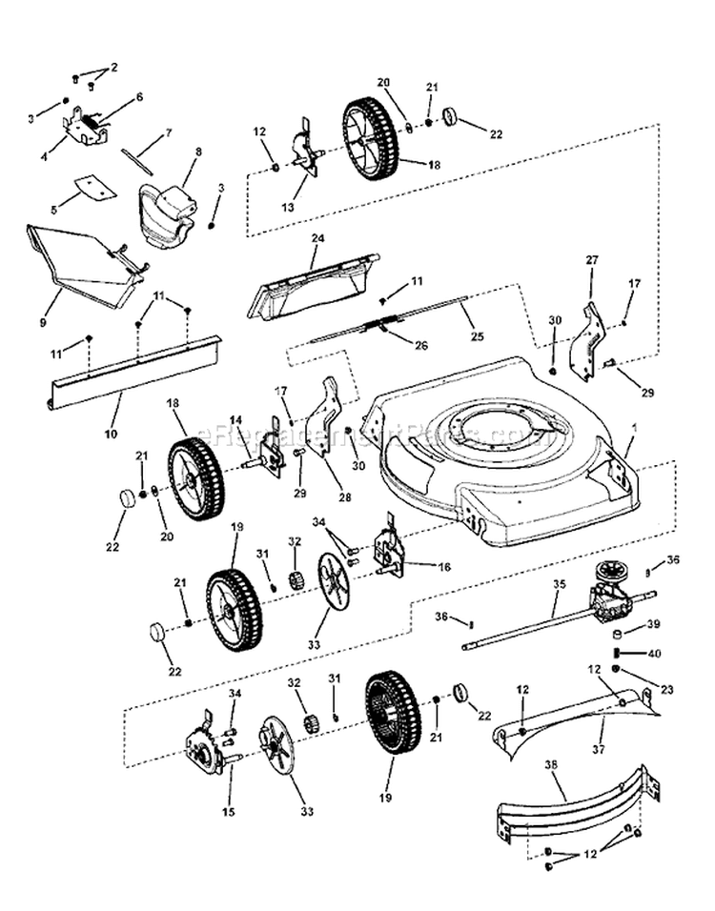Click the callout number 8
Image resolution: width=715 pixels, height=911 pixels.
tap(198, 152)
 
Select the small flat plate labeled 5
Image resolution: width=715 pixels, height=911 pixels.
tap(94, 186)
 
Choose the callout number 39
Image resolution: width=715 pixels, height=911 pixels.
tap(653, 624)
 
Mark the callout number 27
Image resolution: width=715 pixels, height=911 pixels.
tap(591, 259)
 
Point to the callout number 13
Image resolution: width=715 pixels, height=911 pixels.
tap(287, 207)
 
